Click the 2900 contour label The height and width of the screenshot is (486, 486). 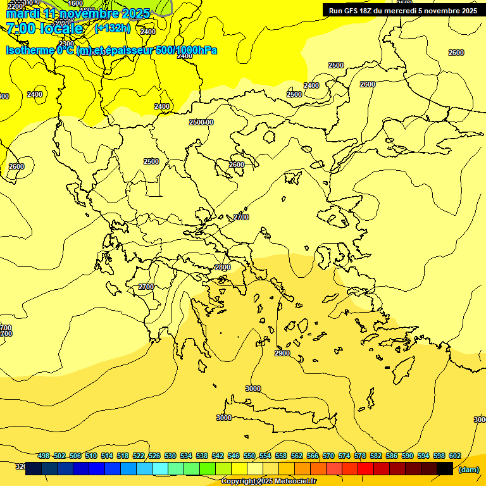coord(282,353)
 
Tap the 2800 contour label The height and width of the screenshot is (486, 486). coord(223,268)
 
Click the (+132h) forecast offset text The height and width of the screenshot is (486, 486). coord(112,28)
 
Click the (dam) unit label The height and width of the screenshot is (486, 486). coord(468,470)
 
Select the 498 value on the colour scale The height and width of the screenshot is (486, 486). coord(44,456)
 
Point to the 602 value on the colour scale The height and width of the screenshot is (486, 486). coord(454,456)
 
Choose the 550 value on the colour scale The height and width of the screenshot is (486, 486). coord(249,456)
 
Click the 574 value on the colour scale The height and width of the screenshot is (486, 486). coord(344,456)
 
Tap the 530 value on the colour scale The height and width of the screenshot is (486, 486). coord(170,456)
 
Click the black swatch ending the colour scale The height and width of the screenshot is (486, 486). coord(445,468)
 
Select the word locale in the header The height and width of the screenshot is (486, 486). coord(62,28)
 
